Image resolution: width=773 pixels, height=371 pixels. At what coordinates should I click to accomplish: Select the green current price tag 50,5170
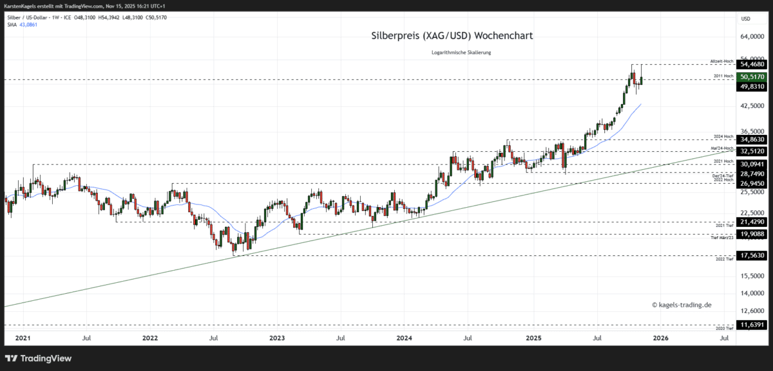click(x=752, y=77)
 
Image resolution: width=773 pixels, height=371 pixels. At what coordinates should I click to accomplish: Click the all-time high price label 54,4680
click(x=752, y=64)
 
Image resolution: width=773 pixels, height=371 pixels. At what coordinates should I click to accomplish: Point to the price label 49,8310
click(x=752, y=86)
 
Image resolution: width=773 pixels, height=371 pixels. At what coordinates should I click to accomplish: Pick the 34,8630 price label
click(x=752, y=140)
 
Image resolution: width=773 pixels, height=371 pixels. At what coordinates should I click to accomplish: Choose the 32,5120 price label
click(x=752, y=152)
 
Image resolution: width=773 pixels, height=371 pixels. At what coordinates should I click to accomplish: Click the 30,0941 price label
click(x=752, y=164)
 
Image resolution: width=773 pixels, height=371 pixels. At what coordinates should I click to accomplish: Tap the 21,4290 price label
click(x=752, y=222)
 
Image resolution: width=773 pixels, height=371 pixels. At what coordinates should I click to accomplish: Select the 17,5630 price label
click(x=752, y=255)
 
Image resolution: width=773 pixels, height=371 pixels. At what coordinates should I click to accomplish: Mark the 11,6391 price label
click(x=752, y=325)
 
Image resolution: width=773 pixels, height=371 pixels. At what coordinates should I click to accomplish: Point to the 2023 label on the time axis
click(x=277, y=337)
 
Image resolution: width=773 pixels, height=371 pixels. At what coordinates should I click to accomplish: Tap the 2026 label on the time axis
click(x=660, y=337)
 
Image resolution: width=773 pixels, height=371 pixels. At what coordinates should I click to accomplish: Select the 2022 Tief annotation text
click(x=725, y=259)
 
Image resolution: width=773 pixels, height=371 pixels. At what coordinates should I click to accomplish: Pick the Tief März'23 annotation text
click(x=722, y=238)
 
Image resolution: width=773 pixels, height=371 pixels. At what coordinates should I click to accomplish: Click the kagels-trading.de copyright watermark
click(x=682, y=305)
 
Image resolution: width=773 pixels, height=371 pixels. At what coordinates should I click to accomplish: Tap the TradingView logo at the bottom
click(x=39, y=358)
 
